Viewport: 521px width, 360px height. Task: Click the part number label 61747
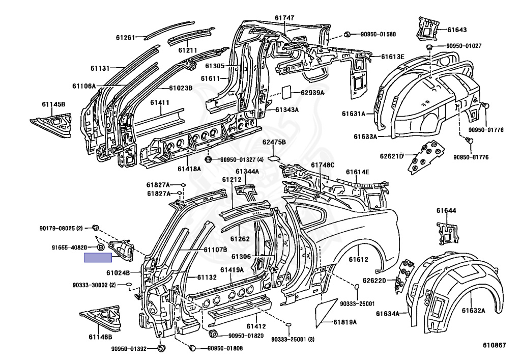pyautogui.click(x=284, y=18)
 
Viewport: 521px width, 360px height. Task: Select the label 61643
pyautogui.click(x=457, y=30)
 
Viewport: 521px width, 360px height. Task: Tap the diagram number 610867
pyautogui.click(x=495, y=345)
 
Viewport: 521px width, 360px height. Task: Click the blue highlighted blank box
pyautogui.click(x=98, y=257)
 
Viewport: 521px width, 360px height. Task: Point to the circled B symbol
pyautogui.click(x=101, y=247)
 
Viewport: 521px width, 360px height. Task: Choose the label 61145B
pyautogui.click(x=53, y=104)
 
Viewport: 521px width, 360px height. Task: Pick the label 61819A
pyautogui.click(x=345, y=322)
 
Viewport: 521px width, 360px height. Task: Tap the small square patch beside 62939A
pyautogui.click(x=287, y=92)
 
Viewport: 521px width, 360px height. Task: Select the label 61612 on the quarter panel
pyautogui.click(x=359, y=259)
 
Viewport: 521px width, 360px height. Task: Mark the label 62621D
pyautogui.click(x=391, y=156)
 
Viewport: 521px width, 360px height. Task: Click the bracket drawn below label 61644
pyautogui.click(x=447, y=234)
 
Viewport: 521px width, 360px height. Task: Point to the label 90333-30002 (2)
pyautogui.click(x=94, y=285)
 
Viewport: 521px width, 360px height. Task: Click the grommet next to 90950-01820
pyautogui.click(x=213, y=334)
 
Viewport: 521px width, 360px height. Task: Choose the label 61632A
pyautogui.click(x=473, y=311)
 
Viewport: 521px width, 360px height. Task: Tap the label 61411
pyautogui.click(x=160, y=102)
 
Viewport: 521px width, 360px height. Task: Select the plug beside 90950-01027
pyautogui.click(x=429, y=46)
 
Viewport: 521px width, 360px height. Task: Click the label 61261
pyautogui.click(x=125, y=38)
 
